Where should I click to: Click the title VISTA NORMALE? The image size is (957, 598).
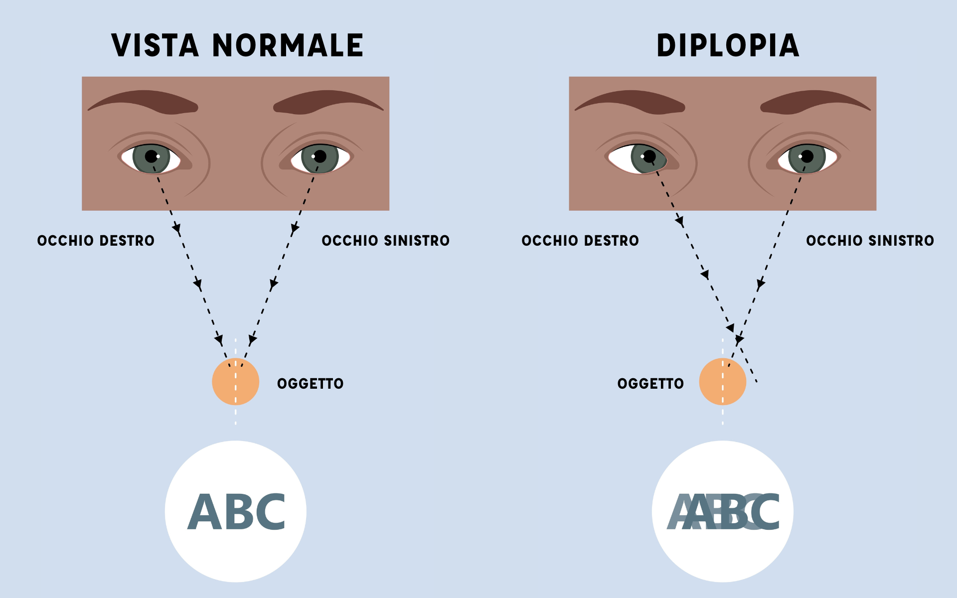coord(237,46)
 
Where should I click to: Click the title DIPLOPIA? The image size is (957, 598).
coord(728,46)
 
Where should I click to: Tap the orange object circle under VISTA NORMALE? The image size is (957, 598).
coord(235,382)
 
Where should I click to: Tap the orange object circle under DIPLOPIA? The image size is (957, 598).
coord(722,382)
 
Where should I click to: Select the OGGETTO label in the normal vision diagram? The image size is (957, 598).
coord(310,384)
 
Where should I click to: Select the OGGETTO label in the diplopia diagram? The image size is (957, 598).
coord(650,384)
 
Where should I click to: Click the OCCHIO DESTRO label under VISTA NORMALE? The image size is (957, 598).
coord(96,241)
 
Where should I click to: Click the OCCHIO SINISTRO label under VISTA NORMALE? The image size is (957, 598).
coord(385,241)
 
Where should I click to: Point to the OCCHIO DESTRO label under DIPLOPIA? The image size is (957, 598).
coord(580,241)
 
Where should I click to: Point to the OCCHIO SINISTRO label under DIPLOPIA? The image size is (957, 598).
coord(870,241)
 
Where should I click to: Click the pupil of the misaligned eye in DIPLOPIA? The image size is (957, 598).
coord(649,157)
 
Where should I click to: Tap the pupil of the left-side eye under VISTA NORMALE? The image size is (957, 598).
coord(152,156)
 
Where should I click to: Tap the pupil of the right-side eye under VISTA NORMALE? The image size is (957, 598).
coord(320,156)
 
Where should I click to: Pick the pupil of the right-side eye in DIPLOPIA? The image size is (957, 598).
coord(807,156)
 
